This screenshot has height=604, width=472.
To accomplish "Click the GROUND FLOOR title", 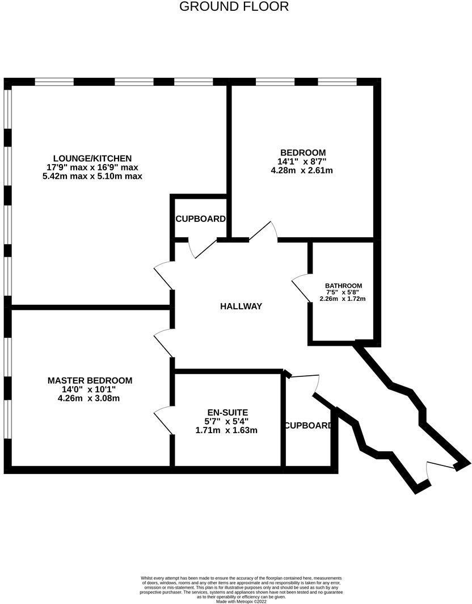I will click(x=234, y=7).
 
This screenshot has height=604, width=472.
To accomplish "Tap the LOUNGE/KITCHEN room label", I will click(x=92, y=158).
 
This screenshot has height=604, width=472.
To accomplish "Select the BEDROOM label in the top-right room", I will click(x=303, y=152).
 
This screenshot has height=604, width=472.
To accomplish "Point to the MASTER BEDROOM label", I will click(x=90, y=380).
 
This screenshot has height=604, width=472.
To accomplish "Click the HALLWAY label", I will click(x=241, y=307).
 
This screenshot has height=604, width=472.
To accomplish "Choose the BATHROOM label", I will click(x=343, y=286).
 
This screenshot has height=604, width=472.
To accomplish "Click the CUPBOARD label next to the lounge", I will click(x=200, y=219).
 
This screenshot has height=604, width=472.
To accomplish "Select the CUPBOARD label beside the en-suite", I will click(x=308, y=425).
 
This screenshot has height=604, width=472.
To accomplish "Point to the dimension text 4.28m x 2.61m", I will click(x=302, y=170).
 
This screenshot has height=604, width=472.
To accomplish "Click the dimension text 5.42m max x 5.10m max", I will click(x=92, y=177).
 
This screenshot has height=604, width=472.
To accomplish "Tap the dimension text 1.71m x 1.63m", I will click(x=226, y=430).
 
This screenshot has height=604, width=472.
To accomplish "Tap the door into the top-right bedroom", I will click(x=264, y=232).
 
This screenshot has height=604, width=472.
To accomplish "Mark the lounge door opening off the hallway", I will click(x=163, y=275).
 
